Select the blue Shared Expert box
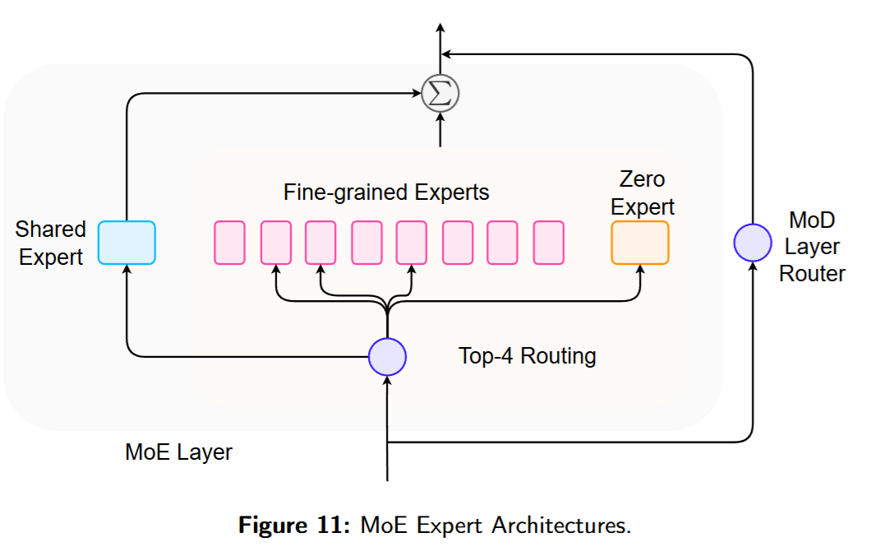pos(127,243)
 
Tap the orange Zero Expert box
pos(640,243)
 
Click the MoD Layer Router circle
pos(752,243)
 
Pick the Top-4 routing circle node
pos(387,356)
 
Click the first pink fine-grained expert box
pos(230,243)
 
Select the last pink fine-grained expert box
pos(548,243)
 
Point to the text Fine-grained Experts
pos(386,192)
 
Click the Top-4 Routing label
pos(527,356)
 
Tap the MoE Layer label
pos(178,452)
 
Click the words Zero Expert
pos(643,192)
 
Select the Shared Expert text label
pos(51,243)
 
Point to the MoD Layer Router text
pos(812,247)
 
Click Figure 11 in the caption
pos(295,525)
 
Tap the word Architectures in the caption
pos(561,525)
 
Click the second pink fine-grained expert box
pos(276,243)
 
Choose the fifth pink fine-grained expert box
pos(412,243)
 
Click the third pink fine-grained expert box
pos(320,243)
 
